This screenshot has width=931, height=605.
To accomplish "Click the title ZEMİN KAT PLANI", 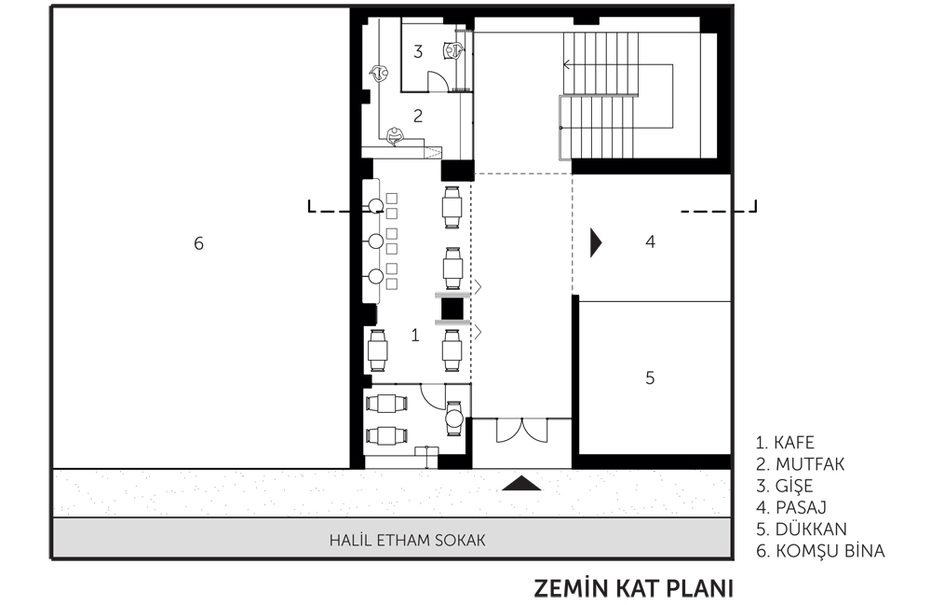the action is [x=633, y=588].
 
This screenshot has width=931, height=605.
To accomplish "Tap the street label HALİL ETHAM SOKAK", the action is [x=408, y=541].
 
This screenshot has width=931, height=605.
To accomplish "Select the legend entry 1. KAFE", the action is [x=785, y=443].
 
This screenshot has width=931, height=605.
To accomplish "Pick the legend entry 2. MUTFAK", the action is [x=801, y=464].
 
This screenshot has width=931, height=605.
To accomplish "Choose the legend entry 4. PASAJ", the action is [x=791, y=507].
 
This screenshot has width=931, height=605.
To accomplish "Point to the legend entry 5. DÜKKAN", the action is [x=802, y=529].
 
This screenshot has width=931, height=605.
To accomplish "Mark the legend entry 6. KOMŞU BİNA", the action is [x=820, y=551].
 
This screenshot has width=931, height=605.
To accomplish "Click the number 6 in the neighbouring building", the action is [x=199, y=243].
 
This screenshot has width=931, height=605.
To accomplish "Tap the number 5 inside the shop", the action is [x=650, y=378].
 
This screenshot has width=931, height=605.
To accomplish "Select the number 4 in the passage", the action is [x=650, y=241].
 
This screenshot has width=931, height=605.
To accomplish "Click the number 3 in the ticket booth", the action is [x=418, y=51].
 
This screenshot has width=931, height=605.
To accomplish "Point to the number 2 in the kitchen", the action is [x=418, y=116].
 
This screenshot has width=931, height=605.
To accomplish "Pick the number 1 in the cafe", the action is [x=415, y=336].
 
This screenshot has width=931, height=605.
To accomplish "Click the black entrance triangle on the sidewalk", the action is [x=521, y=484].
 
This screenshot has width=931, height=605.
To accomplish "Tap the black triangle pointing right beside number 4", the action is [x=596, y=242].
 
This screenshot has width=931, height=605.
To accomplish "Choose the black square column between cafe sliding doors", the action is [x=452, y=309].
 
